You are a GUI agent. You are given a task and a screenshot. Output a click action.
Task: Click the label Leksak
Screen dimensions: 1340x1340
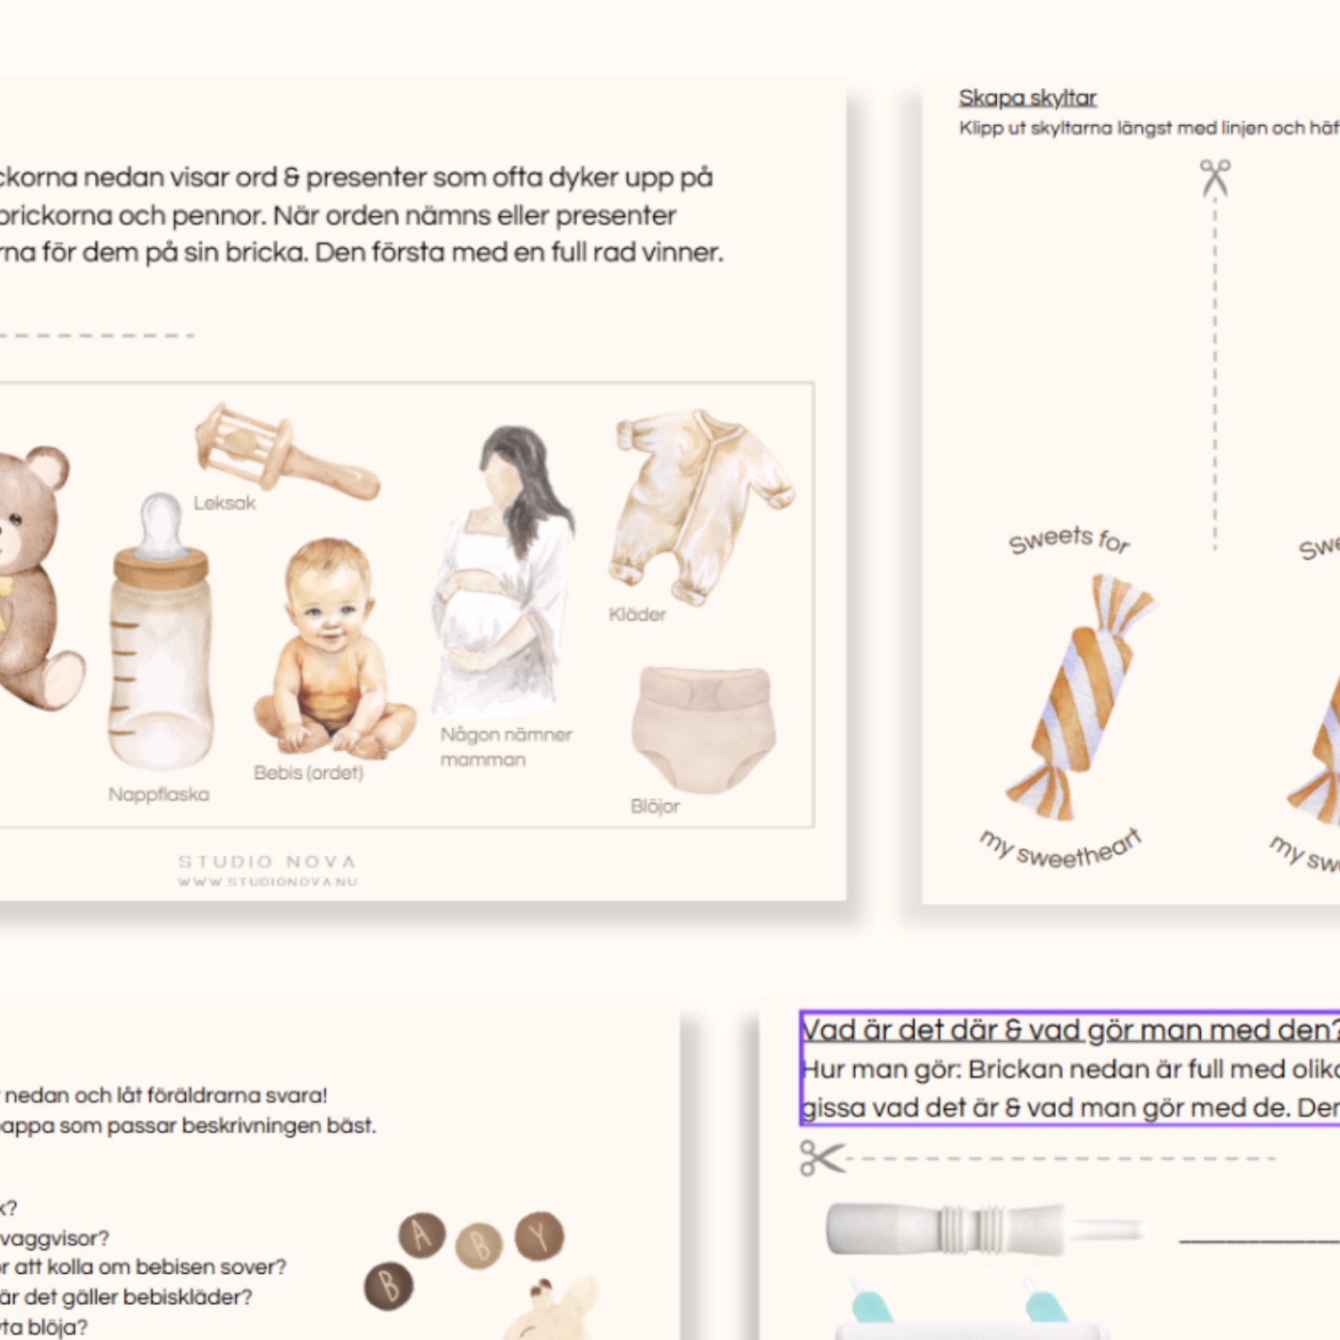pyautogui.click(x=224, y=504)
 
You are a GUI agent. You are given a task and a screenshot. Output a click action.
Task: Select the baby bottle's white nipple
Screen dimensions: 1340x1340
pyautogui.click(x=161, y=523)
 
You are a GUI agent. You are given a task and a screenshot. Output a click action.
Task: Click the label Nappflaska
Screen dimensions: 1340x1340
pyautogui.click(x=159, y=794)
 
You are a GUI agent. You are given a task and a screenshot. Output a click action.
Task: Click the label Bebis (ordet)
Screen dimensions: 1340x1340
pyautogui.click(x=308, y=773)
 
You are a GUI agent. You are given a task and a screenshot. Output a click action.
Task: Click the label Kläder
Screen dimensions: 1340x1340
pyautogui.click(x=637, y=615)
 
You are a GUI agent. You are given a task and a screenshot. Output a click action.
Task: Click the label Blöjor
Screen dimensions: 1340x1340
pyautogui.click(x=655, y=807)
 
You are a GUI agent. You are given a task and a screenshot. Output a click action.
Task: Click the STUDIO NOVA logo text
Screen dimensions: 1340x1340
pyautogui.click(x=268, y=862)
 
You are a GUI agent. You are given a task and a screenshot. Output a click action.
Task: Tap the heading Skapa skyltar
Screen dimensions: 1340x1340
pyautogui.click(x=1027, y=98)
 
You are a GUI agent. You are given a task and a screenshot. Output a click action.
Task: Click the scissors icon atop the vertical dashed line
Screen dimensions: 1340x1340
pyautogui.click(x=1215, y=177)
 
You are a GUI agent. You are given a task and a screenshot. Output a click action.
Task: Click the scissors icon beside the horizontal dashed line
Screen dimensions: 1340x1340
pyautogui.click(x=821, y=1158)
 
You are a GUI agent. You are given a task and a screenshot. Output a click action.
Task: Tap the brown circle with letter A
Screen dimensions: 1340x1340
pyautogui.click(x=422, y=1235)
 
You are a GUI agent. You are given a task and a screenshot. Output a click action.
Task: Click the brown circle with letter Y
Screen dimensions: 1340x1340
pyautogui.click(x=540, y=1235)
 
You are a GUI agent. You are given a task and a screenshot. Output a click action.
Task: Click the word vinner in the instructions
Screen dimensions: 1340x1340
pyautogui.click(x=682, y=253)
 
